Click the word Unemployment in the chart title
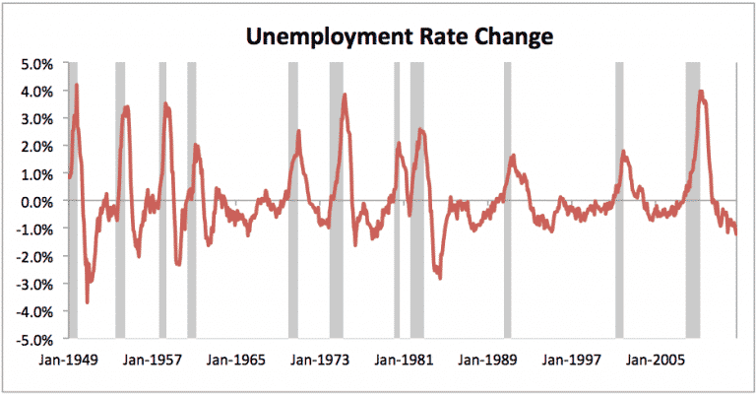(304, 38)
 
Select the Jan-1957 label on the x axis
(153, 361)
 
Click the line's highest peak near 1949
(77, 86)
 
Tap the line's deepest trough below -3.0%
(87, 301)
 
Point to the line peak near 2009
(701, 92)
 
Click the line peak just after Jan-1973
(345, 95)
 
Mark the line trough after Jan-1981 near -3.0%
(440, 278)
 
